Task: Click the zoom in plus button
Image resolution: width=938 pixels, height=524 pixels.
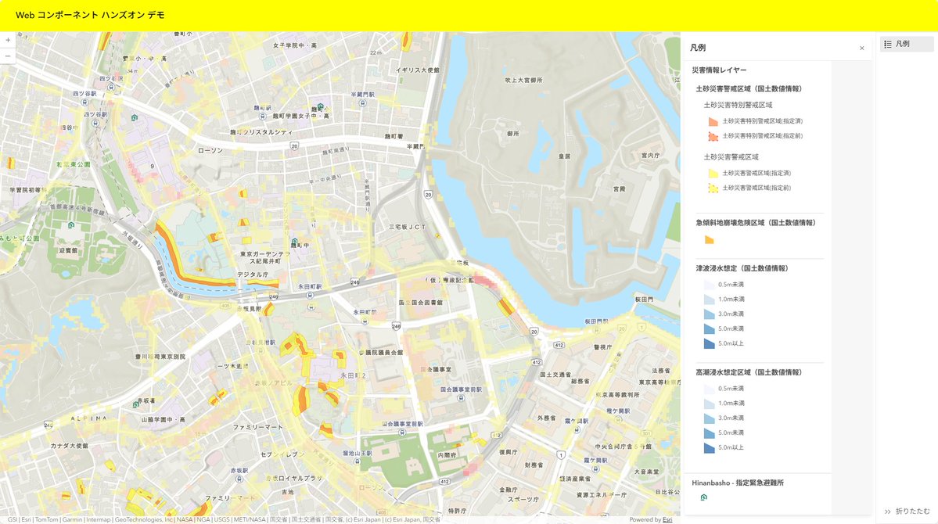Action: click(x=8, y=40)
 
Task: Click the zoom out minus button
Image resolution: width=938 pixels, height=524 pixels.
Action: click(x=8, y=56)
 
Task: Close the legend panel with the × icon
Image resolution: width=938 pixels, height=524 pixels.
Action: click(x=861, y=48)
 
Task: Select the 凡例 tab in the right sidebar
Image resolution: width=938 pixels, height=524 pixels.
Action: click(x=906, y=44)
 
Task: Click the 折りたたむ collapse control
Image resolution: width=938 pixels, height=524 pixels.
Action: click(x=907, y=511)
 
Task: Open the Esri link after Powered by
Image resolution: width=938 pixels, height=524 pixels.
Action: click(x=667, y=519)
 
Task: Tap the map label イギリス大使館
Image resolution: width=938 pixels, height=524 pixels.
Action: click(x=417, y=70)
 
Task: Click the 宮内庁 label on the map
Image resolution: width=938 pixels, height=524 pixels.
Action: click(x=651, y=156)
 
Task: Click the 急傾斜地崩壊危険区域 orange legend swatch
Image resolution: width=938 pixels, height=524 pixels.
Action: click(x=709, y=240)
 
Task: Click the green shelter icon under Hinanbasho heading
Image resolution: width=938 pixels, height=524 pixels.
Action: click(x=703, y=497)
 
